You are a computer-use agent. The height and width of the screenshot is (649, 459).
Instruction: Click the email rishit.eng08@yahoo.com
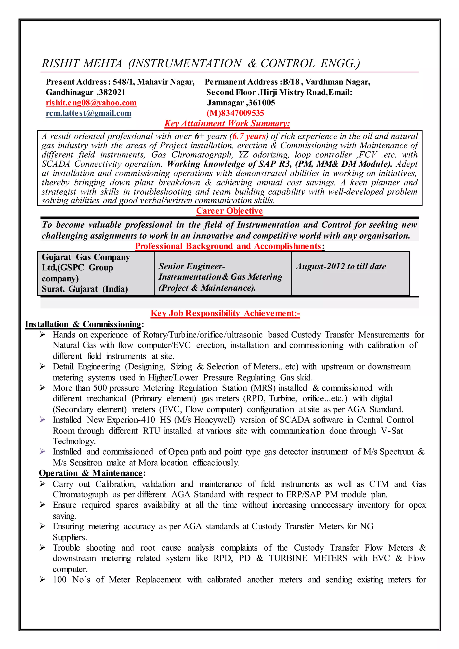(91, 103)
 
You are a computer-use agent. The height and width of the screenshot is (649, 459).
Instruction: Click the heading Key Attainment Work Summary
(227, 123)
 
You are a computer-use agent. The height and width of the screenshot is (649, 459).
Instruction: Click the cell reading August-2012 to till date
(341, 266)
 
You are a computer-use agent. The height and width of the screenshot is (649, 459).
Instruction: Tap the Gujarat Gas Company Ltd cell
(86, 273)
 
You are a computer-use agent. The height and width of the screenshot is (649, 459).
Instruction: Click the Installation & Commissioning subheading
(84, 324)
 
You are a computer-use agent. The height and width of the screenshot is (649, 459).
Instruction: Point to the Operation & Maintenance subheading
(92, 473)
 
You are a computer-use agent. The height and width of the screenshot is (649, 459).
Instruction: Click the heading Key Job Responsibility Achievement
(225, 313)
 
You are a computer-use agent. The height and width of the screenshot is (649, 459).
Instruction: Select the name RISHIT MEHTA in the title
(82, 63)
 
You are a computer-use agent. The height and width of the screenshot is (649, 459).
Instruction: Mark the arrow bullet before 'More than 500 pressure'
(42, 388)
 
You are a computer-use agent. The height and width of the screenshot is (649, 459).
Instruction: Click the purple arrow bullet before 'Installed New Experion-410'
(42, 420)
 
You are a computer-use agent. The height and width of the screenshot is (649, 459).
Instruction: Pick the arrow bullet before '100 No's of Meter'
(42, 579)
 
